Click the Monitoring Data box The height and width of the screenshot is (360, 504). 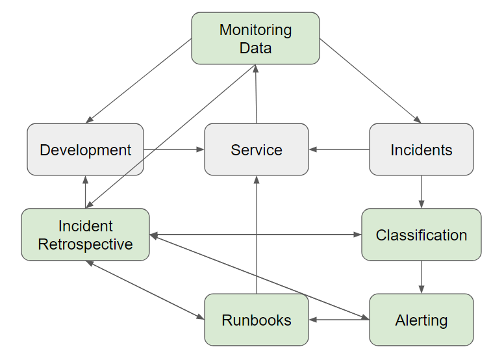point(255,38)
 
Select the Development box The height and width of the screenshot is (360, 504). point(85,149)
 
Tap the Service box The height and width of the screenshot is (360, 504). point(257,149)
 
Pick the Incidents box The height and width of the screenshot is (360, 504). point(422,149)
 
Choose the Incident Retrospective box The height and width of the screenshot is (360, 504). point(85,235)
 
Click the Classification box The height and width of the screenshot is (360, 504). point(422,235)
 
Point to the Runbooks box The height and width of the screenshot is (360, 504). point(257,320)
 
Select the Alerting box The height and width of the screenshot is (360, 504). point(422,320)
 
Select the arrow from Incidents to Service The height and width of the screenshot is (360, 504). point(339,149)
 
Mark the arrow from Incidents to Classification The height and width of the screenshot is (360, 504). point(422,192)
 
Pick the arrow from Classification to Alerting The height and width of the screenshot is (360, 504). point(422,277)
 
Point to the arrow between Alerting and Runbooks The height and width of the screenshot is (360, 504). point(339,320)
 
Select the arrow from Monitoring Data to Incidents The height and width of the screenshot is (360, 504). point(370,81)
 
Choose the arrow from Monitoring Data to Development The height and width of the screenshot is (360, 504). point(139,81)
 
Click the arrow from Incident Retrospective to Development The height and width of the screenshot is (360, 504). point(85,192)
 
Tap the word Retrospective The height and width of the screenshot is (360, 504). point(85,244)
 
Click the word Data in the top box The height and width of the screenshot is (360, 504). point(255,47)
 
